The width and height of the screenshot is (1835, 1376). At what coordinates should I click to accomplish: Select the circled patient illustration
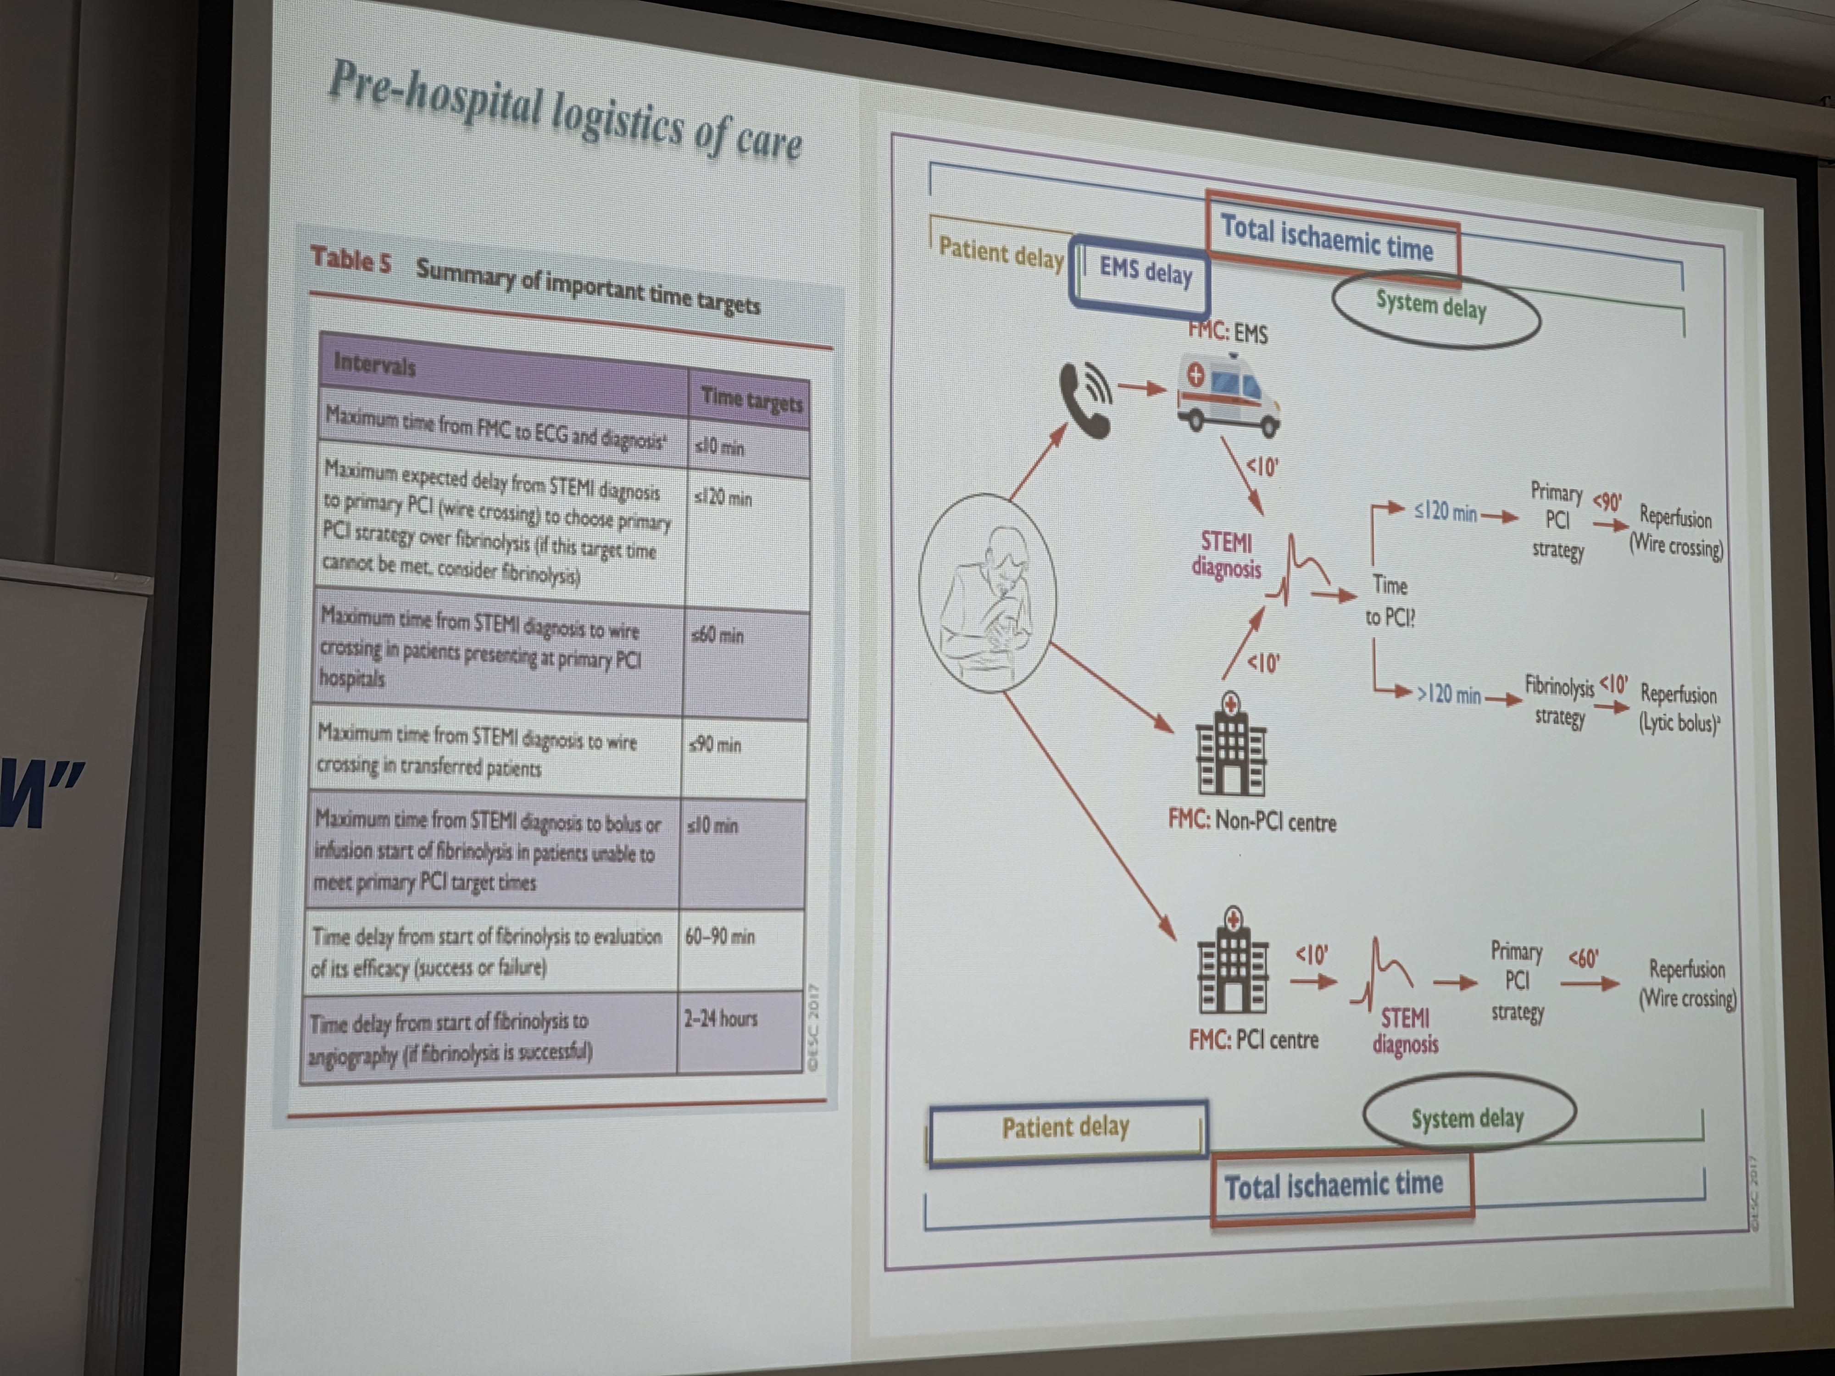click(987, 593)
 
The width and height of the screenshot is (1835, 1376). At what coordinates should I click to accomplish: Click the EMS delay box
click(1140, 272)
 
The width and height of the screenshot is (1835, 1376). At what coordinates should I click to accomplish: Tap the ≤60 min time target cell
click(718, 636)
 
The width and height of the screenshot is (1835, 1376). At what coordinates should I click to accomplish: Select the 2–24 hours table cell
click(720, 1019)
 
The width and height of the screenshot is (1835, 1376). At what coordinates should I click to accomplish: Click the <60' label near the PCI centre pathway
click(1583, 959)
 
